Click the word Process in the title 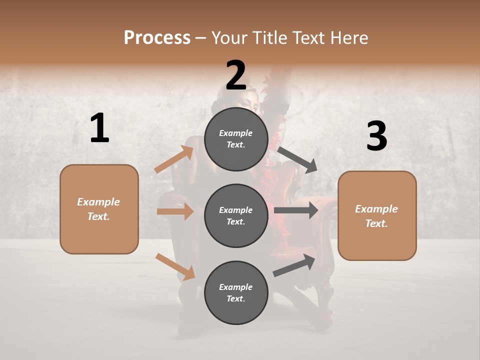(x=157, y=37)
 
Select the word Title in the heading (x=269, y=37)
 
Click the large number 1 (x=99, y=128)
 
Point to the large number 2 (x=236, y=75)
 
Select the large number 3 (x=376, y=136)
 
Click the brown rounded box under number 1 (x=99, y=209)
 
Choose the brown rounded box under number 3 (x=377, y=215)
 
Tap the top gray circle (x=236, y=139)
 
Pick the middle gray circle (x=236, y=215)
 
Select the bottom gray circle (x=236, y=292)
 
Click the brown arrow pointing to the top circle (x=174, y=159)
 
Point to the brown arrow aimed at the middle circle (x=175, y=211)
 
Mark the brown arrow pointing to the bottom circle (x=175, y=266)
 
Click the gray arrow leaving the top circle (x=297, y=159)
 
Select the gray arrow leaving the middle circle (x=296, y=210)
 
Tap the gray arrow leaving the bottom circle (x=294, y=265)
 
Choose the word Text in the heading (x=308, y=37)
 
